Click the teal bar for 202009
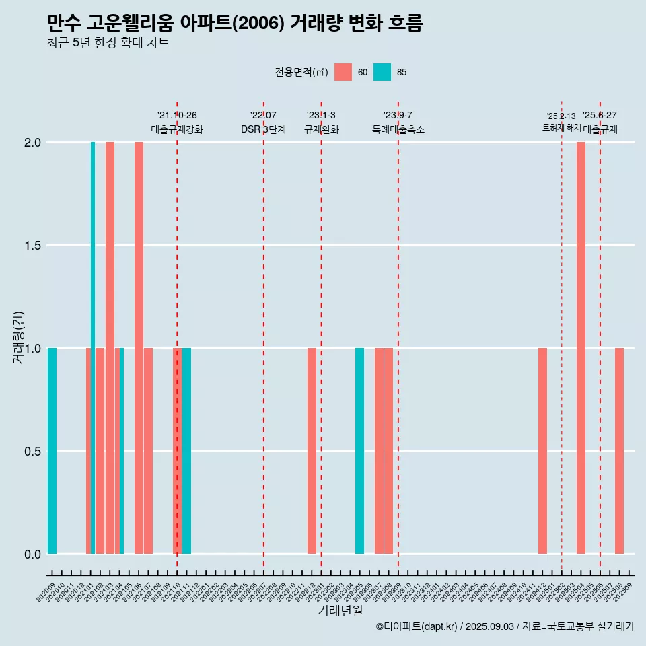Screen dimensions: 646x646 pyautogui.click(x=52, y=451)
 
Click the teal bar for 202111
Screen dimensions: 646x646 pyautogui.click(x=186, y=451)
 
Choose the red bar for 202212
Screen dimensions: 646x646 pyautogui.click(x=312, y=451)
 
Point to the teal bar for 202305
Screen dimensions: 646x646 pyautogui.click(x=359, y=451)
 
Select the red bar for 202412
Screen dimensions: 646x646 pyautogui.click(x=542, y=451)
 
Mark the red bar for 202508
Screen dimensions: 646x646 pyautogui.click(x=619, y=451)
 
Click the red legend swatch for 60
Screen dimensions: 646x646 pyautogui.click(x=343, y=72)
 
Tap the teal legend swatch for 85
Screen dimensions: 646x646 pyautogui.click(x=382, y=72)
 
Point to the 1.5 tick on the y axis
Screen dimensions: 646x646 pyautogui.click(x=32, y=246)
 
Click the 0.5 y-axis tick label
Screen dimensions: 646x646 pyautogui.click(x=32, y=452)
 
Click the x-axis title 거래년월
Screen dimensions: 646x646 pyautogui.click(x=340, y=610)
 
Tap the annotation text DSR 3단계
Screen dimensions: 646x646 pyautogui.click(x=263, y=129)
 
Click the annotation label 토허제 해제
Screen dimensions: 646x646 pyautogui.click(x=561, y=128)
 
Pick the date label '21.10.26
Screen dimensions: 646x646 pyautogui.click(x=177, y=116)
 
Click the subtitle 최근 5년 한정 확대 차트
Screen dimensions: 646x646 pyautogui.click(x=108, y=43)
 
